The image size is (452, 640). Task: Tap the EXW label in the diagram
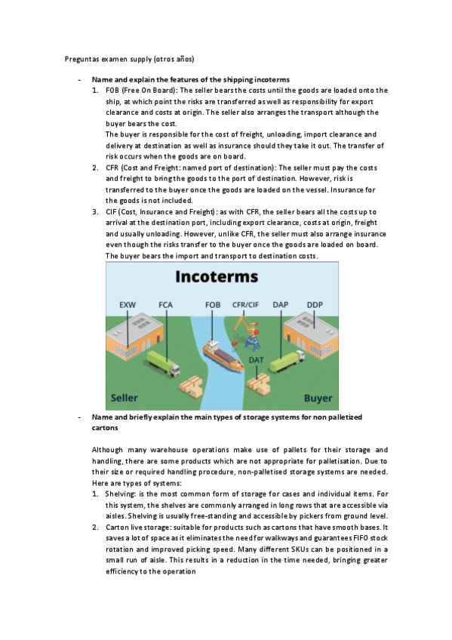point(128,305)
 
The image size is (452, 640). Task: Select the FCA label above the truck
point(165,305)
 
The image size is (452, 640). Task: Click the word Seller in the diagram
point(125,398)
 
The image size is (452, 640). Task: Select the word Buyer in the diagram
point(318,398)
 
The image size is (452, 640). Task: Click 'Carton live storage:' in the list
point(141,526)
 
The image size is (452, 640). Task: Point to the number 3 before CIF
point(95,214)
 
